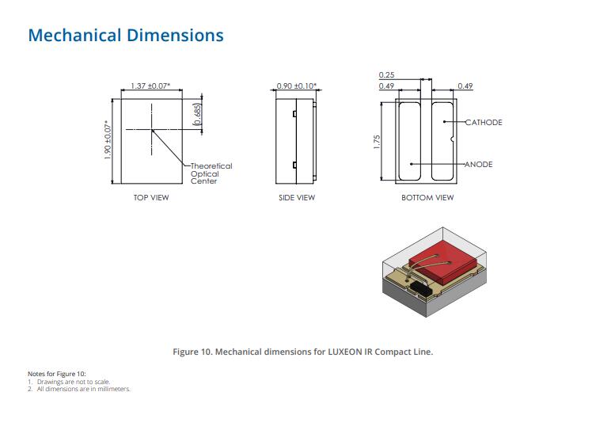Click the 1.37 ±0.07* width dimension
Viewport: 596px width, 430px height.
pyautogui.click(x=150, y=86)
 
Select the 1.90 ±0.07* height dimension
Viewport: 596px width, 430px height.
pyautogui.click(x=108, y=140)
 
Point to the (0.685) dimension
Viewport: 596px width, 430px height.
pyautogui.click(x=197, y=115)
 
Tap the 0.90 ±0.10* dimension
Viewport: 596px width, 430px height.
pyautogui.click(x=297, y=86)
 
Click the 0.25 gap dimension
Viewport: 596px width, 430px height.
pyautogui.click(x=386, y=75)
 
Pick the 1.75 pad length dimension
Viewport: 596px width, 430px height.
pyautogui.click(x=377, y=142)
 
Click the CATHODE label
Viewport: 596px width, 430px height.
pyautogui.click(x=484, y=123)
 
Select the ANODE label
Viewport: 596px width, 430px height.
pyautogui.click(x=479, y=164)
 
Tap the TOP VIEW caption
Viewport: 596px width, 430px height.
pyautogui.click(x=151, y=198)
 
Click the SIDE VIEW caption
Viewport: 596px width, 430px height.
pyautogui.click(x=297, y=198)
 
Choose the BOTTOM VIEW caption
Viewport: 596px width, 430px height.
pyautogui.click(x=427, y=198)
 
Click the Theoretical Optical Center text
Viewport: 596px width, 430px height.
pyautogui.click(x=211, y=173)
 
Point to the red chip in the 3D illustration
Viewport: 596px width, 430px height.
pyautogui.click(x=442, y=262)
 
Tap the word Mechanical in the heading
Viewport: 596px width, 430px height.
pyautogui.click(x=74, y=36)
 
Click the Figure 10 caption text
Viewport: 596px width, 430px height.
pyautogui.click(x=303, y=352)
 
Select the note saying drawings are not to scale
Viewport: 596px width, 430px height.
pyautogui.click(x=69, y=382)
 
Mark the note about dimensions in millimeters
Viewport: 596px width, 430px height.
pyautogui.click(x=79, y=389)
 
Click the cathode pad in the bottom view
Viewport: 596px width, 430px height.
pyautogui.click(x=442, y=141)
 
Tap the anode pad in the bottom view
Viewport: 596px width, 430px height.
pyautogui.click(x=409, y=141)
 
